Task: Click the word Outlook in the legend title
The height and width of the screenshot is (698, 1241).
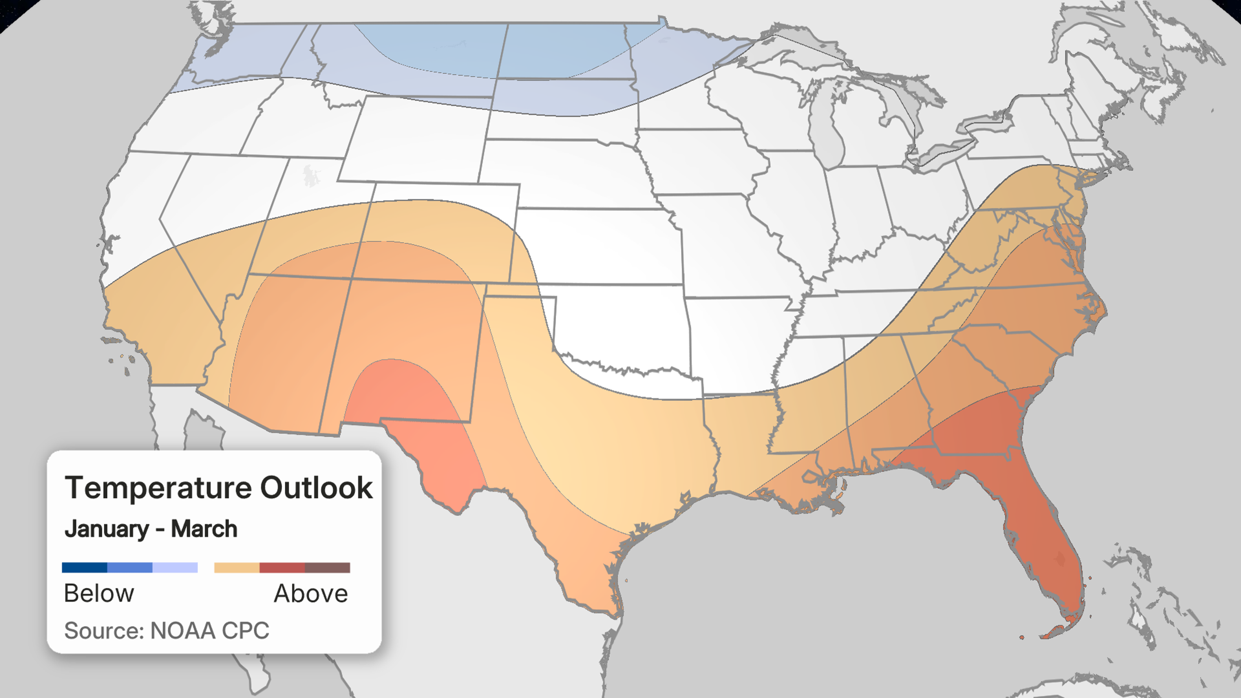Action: [x=316, y=488]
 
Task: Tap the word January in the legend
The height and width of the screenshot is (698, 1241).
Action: [x=107, y=529]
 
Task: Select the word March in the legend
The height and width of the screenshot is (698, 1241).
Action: [x=204, y=529]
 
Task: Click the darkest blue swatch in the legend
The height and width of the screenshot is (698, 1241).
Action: [x=84, y=567]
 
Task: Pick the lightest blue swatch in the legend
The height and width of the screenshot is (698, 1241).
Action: [x=175, y=567]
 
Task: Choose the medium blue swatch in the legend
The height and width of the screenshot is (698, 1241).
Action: [x=130, y=567]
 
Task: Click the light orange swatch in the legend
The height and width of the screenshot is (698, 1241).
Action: [x=237, y=567]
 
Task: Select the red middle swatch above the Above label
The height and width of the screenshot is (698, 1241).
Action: [x=282, y=567]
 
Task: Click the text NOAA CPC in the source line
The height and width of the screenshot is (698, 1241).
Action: [x=209, y=630]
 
